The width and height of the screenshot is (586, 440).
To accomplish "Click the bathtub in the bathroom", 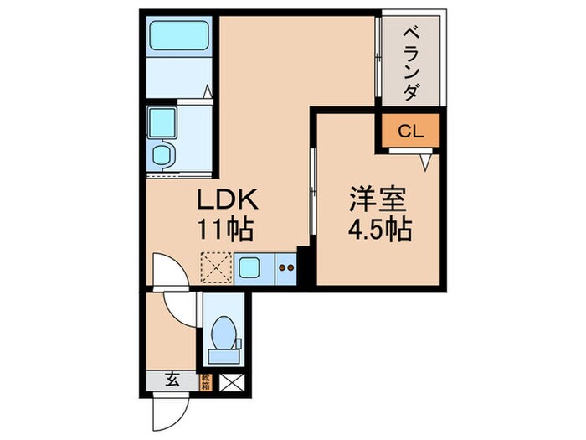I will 177,38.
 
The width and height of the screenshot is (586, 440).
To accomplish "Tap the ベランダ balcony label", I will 410,63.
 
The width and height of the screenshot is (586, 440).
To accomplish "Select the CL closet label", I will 410,132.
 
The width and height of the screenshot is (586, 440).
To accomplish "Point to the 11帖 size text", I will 225,228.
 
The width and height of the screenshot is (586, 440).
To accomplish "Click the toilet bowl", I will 223,335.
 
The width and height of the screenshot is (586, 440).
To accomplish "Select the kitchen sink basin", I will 249,268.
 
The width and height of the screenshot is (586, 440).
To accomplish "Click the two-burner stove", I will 285,268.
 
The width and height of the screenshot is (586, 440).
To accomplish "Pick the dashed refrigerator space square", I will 214,268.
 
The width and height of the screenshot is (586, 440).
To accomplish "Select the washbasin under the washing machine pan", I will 162,154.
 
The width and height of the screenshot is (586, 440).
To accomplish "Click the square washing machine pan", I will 162,123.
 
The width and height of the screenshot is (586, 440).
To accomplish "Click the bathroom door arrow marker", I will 210,91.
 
